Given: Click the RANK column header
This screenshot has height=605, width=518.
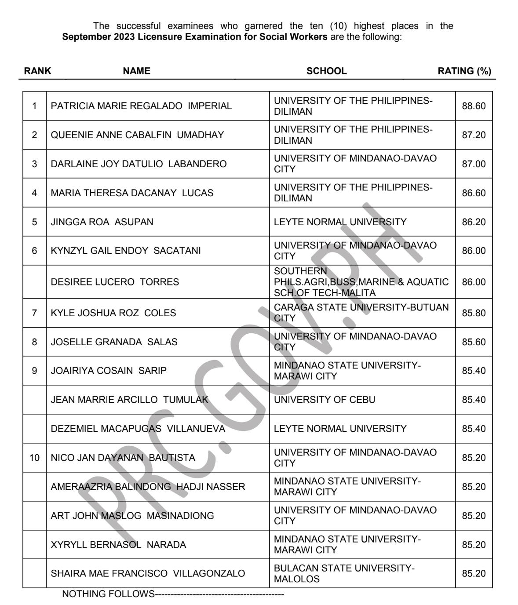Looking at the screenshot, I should pyautogui.click(x=37, y=71).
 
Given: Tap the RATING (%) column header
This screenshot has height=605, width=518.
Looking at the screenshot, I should pyautogui.click(x=464, y=71).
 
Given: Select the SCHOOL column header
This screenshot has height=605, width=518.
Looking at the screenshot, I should pyautogui.click(x=326, y=71).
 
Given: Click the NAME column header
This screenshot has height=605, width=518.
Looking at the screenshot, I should pyautogui.click(x=136, y=71).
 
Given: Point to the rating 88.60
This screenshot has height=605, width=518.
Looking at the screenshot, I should pyautogui.click(x=474, y=106).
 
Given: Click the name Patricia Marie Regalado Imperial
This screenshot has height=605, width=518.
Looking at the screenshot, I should pyautogui.click(x=141, y=106).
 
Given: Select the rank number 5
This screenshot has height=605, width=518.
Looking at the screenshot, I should pyautogui.click(x=34, y=222).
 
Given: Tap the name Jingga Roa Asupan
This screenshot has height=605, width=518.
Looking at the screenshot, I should pyautogui.click(x=102, y=222).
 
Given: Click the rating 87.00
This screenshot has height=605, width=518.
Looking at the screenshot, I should pyautogui.click(x=474, y=164).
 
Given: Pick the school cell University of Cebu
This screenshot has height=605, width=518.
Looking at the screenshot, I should pyautogui.click(x=325, y=400).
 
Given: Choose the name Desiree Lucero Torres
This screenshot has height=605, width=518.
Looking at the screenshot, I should pyautogui.click(x=115, y=282).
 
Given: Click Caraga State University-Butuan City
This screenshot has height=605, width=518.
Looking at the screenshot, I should pyautogui.click(x=361, y=313).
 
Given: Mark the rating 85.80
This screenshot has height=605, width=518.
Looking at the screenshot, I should pyautogui.click(x=474, y=313).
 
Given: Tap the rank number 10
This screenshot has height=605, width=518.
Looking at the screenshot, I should pyautogui.click(x=34, y=458).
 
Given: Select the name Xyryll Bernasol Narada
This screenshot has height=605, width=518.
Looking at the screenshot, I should pyautogui.click(x=118, y=545).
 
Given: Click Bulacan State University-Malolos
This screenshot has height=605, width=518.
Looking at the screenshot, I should pyautogui.click(x=344, y=573).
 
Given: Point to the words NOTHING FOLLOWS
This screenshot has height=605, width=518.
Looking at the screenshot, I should pyautogui.click(x=108, y=594).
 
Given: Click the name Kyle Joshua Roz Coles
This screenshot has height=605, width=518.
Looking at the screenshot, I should pyautogui.click(x=113, y=313).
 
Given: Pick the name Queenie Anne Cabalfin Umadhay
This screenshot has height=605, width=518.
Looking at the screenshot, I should pyautogui.click(x=137, y=135).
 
